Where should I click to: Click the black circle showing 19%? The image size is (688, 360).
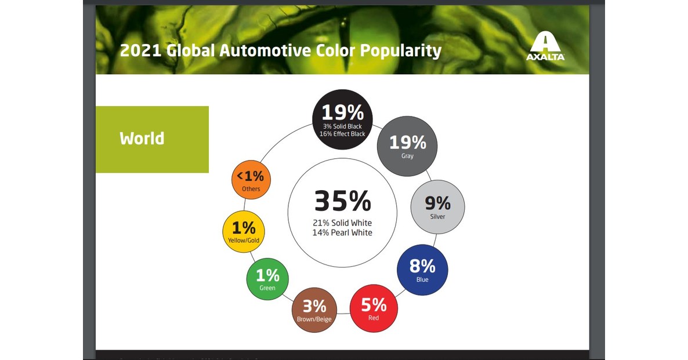point(342,119)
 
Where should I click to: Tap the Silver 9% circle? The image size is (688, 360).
point(437,205)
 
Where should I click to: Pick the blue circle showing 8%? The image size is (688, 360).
point(422,268)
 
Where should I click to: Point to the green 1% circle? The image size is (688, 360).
point(267,278)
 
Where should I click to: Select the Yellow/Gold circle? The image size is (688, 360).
point(244,230)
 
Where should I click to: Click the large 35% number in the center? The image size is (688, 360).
point(342,201)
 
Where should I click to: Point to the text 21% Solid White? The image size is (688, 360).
point(342,223)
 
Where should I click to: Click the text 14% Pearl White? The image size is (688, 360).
point(342,233)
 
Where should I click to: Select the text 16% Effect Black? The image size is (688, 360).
point(342,134)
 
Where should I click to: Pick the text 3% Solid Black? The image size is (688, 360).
point(342,126)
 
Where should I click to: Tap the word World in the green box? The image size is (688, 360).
point(142,139)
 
